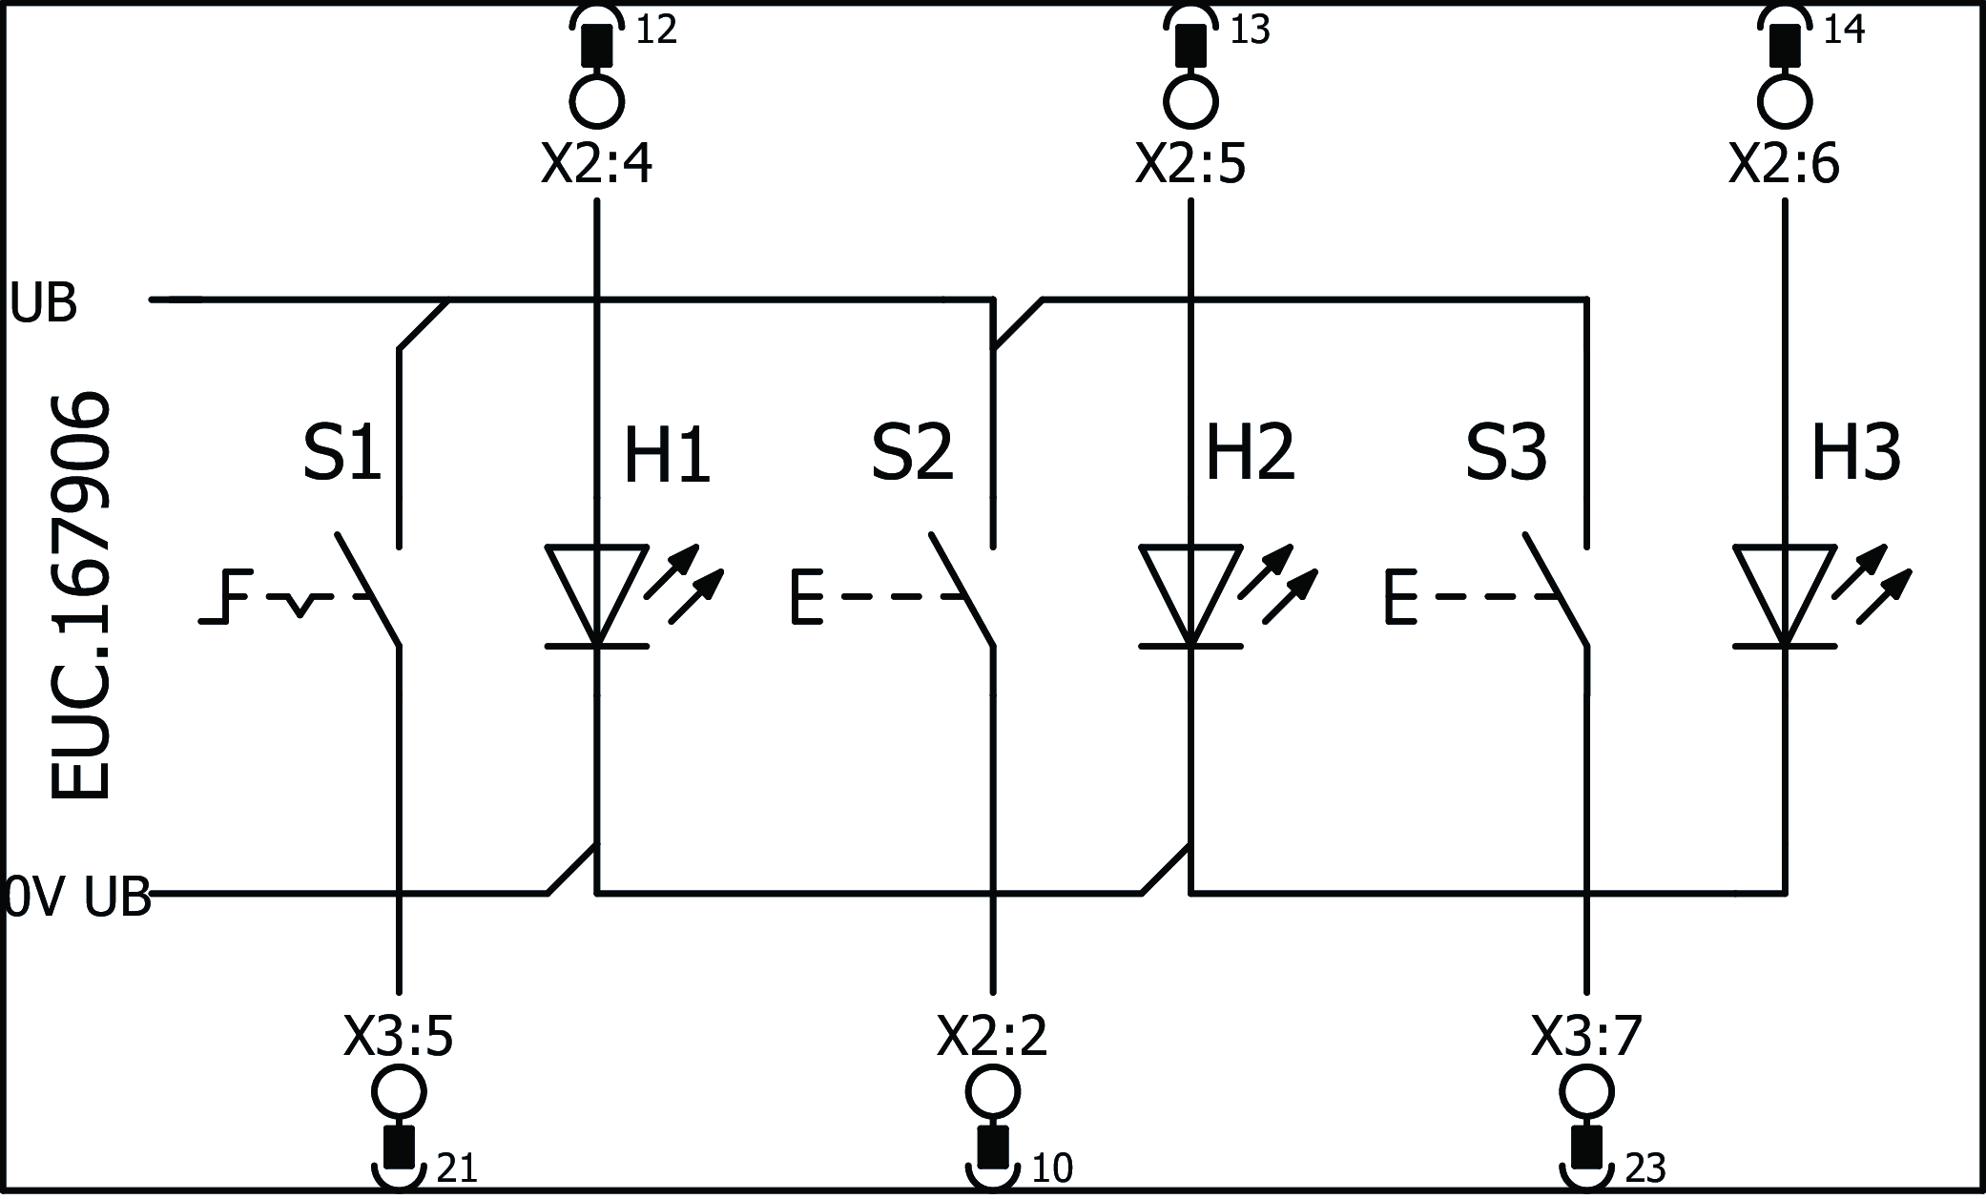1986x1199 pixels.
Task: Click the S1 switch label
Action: coord(341,454)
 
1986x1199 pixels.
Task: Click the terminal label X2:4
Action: coord(597,164)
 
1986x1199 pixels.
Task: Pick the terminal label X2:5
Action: coord(1190,164)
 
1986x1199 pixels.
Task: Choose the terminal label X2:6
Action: coord(1784,164)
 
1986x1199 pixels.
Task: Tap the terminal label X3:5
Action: coord(399,1037)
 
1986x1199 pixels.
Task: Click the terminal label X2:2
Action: coord(992,1037)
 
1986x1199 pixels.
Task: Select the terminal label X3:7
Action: coord(1586,1037)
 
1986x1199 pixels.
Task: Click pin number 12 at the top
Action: coord(656,31)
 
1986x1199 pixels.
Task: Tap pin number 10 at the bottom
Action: coord(1051,1168)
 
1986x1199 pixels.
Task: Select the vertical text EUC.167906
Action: coord(80,596)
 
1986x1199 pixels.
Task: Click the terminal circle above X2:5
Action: coord(1190,100)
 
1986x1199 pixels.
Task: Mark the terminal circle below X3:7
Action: coord(1587,1092)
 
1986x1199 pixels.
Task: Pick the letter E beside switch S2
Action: coord(807,598)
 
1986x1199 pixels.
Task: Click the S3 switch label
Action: coord(1506,454)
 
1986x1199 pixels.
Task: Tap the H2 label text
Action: coord(1251,454)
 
